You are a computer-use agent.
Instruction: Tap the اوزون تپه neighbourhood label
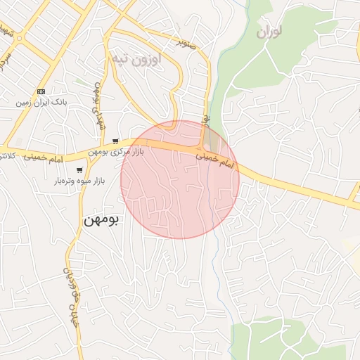(x=138, y=58)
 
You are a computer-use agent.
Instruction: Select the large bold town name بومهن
(x=102, y=219)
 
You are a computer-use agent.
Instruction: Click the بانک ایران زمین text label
(x=41, y=103)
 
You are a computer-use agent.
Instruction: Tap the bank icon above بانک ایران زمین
(x=41, y=91)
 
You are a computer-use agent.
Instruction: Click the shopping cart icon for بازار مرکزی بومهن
(x=115, y=141)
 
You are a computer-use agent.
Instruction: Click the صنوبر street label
(x=186, y=42)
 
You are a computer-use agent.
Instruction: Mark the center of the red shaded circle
(x=180, y=179)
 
